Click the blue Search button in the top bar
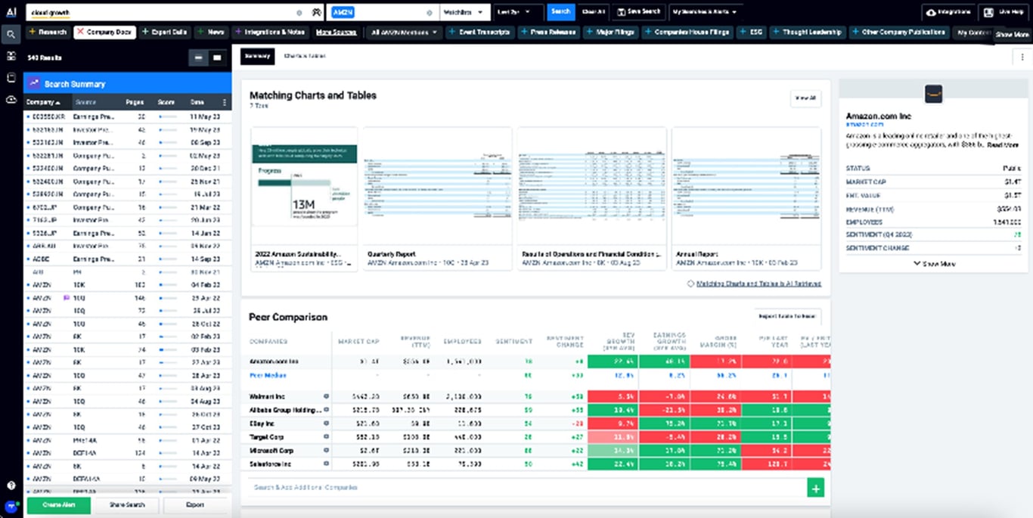(x=560, y=12)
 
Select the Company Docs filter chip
(x=105, y=33)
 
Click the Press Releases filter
(x=547, y=33)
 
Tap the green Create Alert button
(x=58, y=504)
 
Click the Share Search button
(x=126, y=504)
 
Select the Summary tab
(x=257, y=56)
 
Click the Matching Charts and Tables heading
(x=313, y=95)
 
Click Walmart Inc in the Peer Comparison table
(x=268, y=396)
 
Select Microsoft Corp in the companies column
(x=271, y=451)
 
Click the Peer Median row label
(x=268, y=375)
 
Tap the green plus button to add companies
(x=815, y=489)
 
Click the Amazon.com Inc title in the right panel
(x=878, y=116)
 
